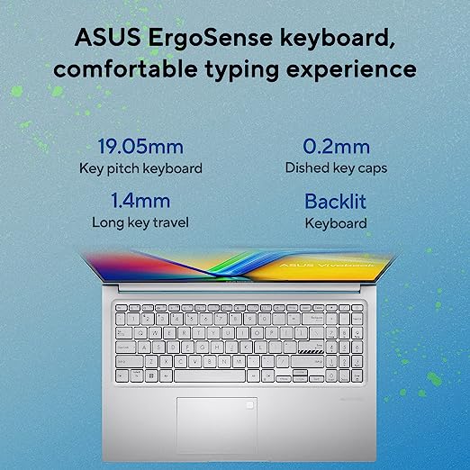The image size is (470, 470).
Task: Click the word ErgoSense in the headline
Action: click(210, 38)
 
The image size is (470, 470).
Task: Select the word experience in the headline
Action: click(351, 70)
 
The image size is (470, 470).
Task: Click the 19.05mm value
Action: click(140, 146)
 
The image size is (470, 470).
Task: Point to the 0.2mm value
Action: click(336, 146)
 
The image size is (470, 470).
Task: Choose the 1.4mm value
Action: click(140, 201)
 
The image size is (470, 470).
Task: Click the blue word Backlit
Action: click(336, 201)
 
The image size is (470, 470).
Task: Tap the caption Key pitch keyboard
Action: click(140, 168)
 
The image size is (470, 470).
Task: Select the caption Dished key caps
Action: click(336, 168)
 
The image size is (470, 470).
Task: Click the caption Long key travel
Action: click(140, 222)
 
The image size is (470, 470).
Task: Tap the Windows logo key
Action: click(151, 375)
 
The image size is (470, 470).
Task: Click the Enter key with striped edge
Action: click(311, 348)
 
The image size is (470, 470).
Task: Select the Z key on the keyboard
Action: click(151, 361)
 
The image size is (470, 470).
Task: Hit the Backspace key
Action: click(313, 318)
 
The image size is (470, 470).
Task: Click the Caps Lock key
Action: click(126, 348)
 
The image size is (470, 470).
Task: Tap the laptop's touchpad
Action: click(217, 425)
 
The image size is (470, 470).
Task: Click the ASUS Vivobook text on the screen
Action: click(327, 265)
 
